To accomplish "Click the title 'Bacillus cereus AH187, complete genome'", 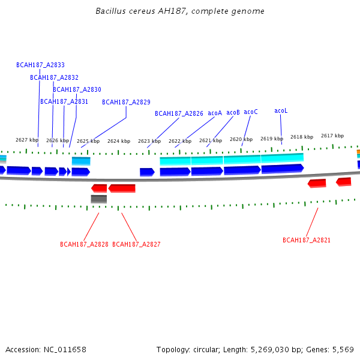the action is pos(180,11).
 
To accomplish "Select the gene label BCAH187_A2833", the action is pos(40,65).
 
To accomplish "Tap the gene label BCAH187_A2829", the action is pos(126,102).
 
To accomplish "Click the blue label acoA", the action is pos(215,113).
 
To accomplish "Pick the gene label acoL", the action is pos(281,111).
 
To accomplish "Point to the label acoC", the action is pos(251,112).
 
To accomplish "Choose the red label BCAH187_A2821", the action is pos(307,240).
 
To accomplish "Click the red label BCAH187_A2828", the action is pos(84,244).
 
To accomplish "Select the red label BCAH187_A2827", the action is pos(136,244).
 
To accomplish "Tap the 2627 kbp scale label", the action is pos(27,140).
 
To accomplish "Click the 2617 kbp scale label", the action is pos(332,136).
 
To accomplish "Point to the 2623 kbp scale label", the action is pos(149,141).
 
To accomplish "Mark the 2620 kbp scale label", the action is pos(241,139).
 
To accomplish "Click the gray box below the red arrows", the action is pos(99,199).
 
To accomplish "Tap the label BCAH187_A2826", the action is pos(179,113).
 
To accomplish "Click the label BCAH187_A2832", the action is pos(54,77).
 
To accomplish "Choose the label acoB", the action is pos(233,112).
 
